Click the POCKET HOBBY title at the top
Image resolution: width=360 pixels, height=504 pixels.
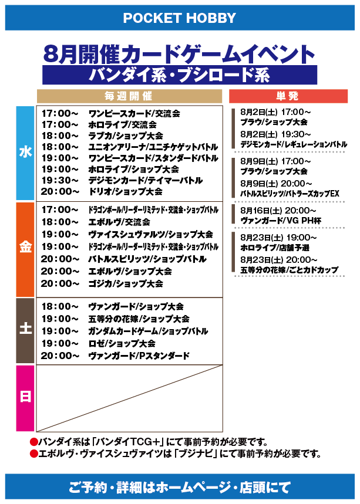(180, 18)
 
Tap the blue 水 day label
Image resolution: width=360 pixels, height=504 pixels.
(25, 153)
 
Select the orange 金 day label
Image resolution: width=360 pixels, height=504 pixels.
(25, 249)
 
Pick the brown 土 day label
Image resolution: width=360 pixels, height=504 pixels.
(25, 330)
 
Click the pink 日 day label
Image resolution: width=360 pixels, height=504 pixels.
(25, 398)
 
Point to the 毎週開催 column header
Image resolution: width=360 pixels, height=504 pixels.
(129, 96)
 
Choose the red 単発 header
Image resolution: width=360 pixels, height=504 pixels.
(288, 96)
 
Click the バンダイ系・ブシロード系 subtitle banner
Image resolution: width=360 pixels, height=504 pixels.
(180, 75)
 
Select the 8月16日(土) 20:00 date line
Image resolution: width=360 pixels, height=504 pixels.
(278, 211)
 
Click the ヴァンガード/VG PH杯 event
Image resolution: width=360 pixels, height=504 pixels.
(281, 221)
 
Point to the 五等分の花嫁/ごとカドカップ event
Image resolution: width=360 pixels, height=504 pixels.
(289, 270)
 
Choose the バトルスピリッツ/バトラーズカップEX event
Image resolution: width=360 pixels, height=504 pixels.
(290, 194)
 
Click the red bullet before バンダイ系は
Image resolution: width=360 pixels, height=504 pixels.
(34, 442)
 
